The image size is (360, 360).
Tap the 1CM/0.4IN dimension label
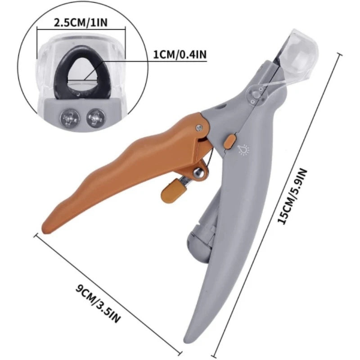coord(180,54)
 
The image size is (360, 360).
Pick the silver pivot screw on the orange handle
coord(198,130)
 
